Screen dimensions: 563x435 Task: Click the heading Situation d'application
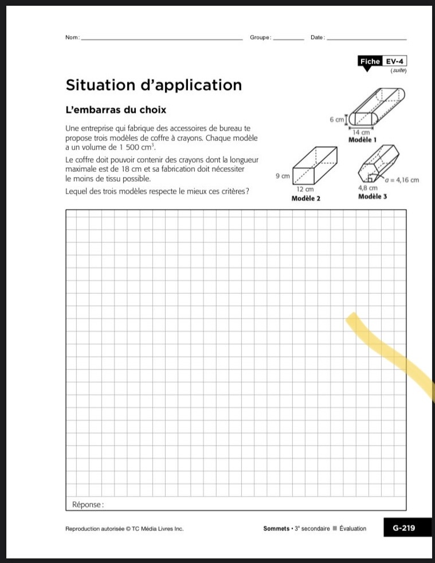point(154,85)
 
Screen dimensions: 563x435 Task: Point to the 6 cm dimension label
point(336,120)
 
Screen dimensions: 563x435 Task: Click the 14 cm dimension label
point(361,132)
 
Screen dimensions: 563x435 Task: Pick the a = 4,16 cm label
point(402,180)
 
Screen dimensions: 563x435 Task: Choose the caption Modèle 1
point(363,139)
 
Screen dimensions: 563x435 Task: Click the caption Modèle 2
point(305,198)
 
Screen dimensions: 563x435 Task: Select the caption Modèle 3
point(373,196)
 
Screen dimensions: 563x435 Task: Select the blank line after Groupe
point(289,38)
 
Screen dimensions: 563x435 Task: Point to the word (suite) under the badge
point(398,70)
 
